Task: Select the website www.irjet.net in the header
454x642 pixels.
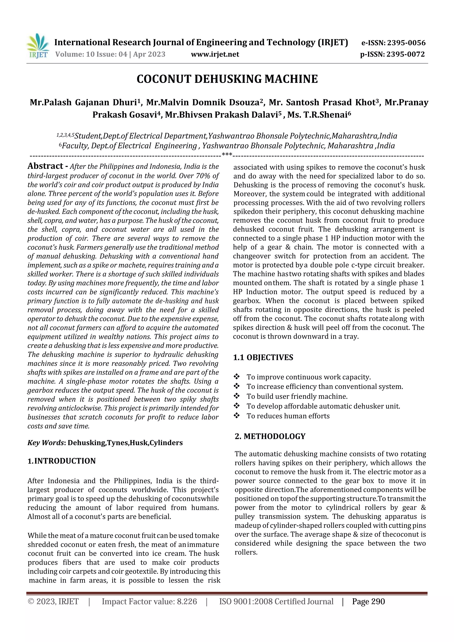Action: point(215,54)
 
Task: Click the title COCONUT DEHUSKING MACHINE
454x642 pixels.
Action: point(227,79)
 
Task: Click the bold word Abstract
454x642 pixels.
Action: point(45,166)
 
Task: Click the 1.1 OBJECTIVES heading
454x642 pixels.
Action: point(263,357)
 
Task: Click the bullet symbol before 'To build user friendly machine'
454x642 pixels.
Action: point(237,396)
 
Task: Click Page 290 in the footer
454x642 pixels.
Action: point(368,601)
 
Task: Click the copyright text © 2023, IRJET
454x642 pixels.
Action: point(53,601)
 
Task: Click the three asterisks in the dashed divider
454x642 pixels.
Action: point(227,154)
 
